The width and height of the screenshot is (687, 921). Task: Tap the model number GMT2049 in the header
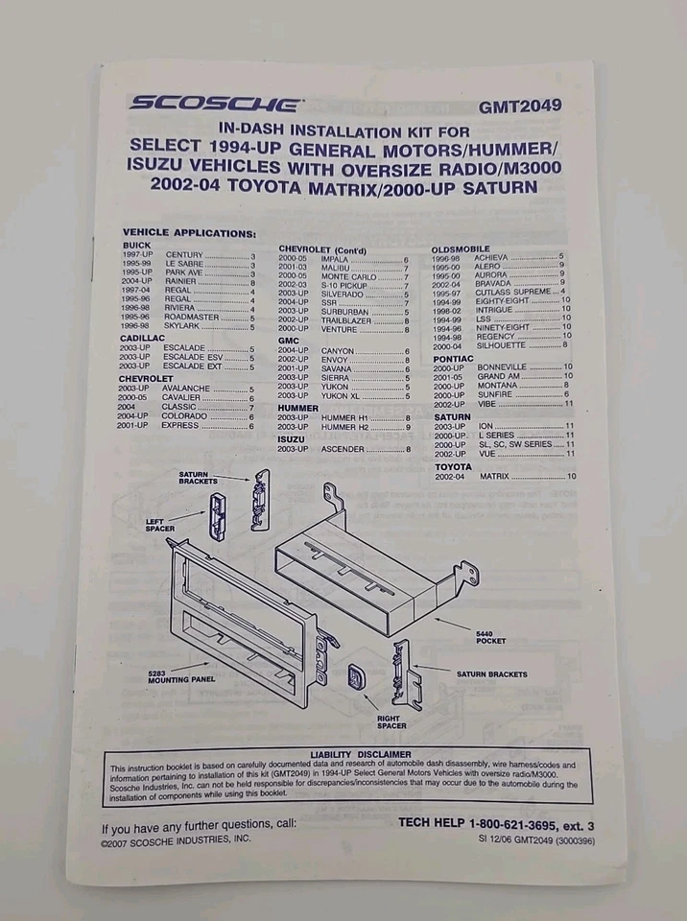(x=520, y=106)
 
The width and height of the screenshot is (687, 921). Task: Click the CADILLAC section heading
(x=144, y=338)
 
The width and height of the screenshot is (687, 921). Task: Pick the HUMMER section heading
(x=298, y=408)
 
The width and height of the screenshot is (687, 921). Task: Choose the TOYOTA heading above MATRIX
(x=453, y=466)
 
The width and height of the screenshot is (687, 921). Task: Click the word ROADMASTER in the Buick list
(x=192, y=318)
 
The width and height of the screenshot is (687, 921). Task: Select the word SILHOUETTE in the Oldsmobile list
(x=505, y=345)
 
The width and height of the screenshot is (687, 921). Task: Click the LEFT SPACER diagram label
(x=160, y=524)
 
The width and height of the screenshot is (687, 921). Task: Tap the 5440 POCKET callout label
(x=490, y=636)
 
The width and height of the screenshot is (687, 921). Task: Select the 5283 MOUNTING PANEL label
(x=180, y=676)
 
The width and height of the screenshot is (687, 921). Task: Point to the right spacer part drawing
(x=357, y=676)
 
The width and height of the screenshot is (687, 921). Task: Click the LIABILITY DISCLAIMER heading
(x=361, y=754)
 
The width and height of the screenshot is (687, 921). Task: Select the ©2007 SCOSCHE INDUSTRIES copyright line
(x=176, y=838)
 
